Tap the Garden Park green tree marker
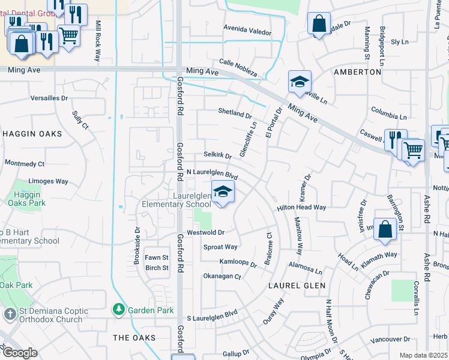(119, 310)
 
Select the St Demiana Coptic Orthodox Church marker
(10, 314)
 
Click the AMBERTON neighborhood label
(358, 71)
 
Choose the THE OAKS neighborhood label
(134, 338)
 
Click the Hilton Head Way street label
(301, 207)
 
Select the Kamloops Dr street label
(238, 263)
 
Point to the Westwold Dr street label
(205, 232)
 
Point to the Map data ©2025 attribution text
(423, 355)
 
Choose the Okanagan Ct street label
(221, 277)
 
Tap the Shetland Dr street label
(234, 113)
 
